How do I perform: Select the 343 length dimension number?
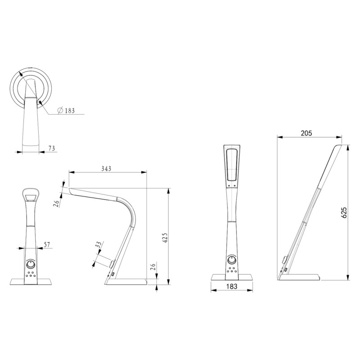click(x=107, y=168)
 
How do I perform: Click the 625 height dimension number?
click(x=345, y=213)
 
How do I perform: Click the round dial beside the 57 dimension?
click(x=31, y=264)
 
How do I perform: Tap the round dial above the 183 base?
click(x=231, y=261)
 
